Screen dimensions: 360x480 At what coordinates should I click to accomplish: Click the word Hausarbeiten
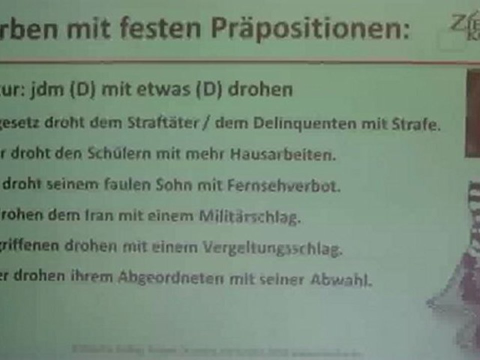282,155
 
